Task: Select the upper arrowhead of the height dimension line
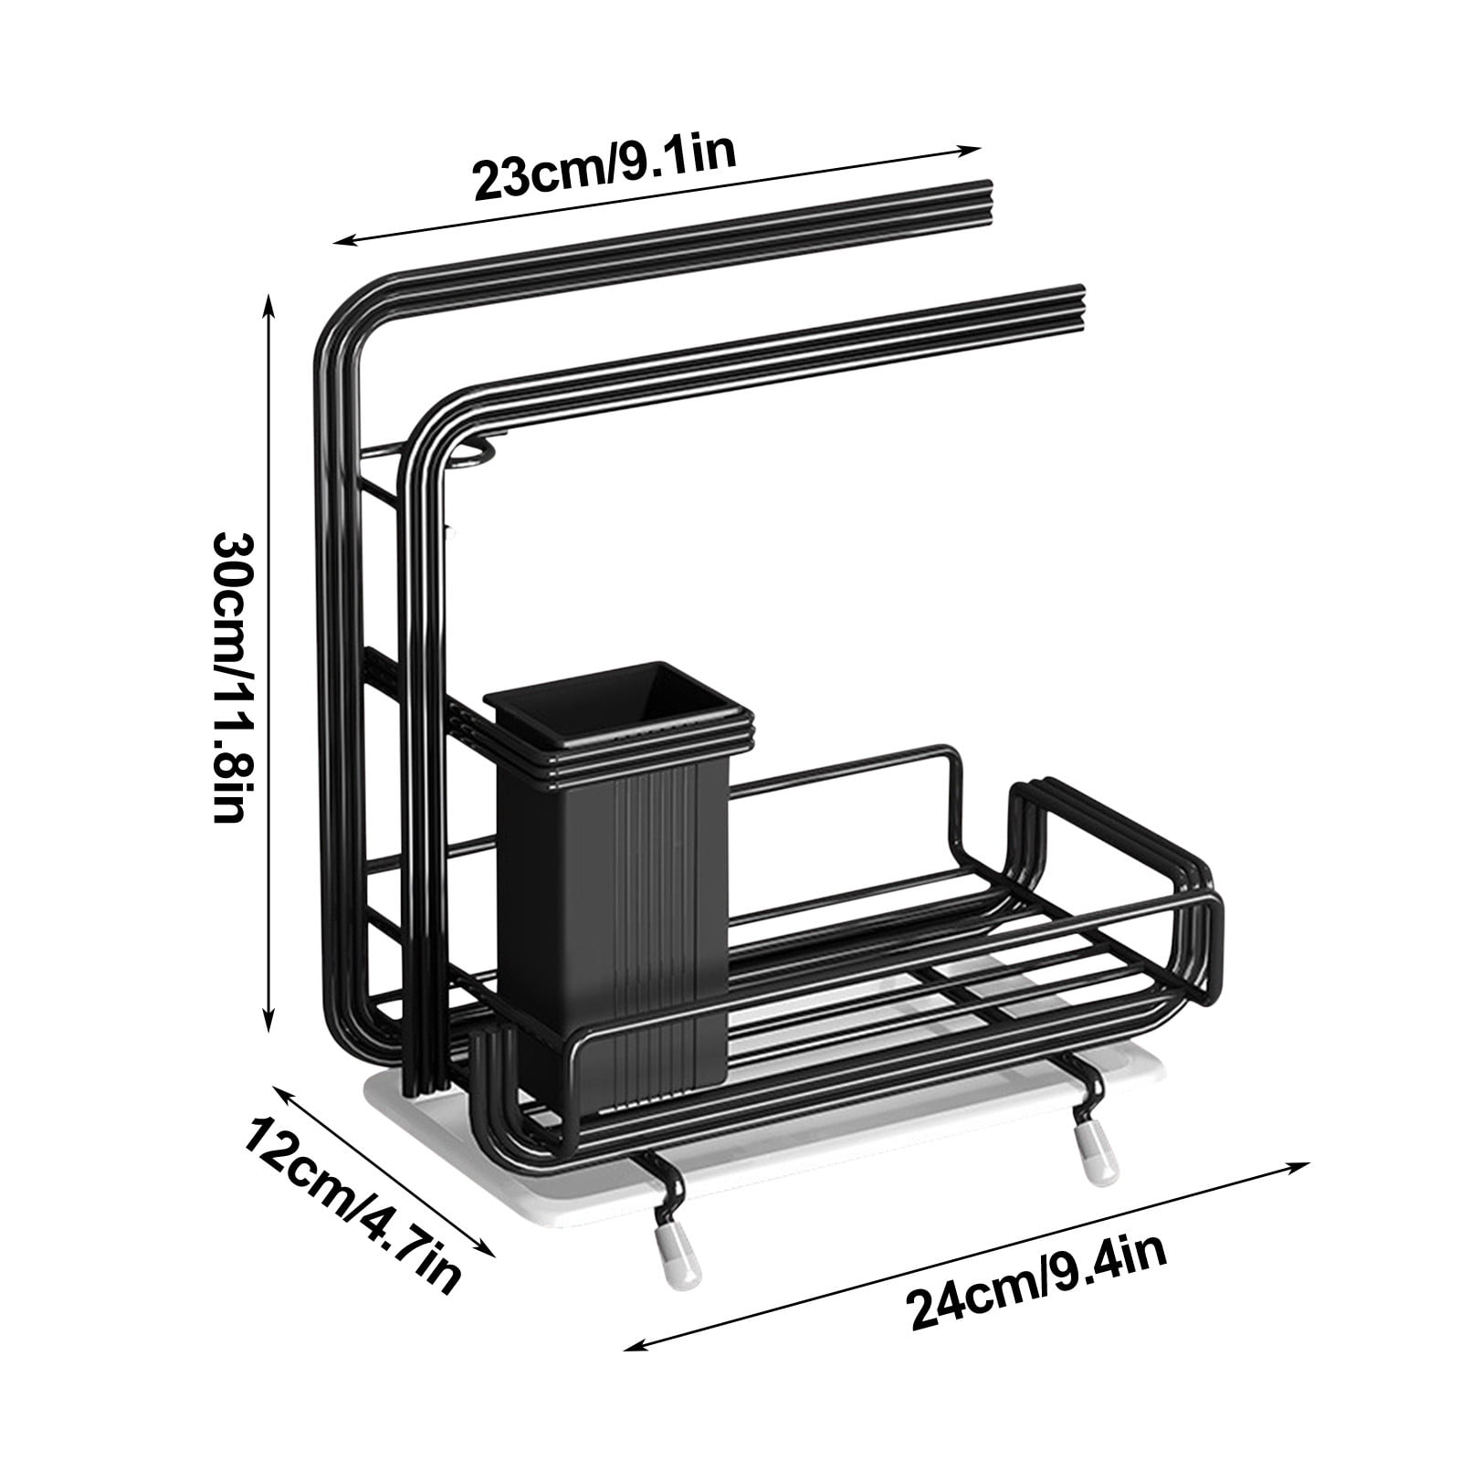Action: (x=268, y=301)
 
